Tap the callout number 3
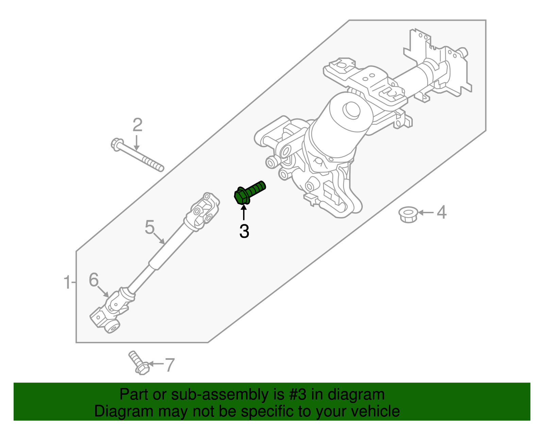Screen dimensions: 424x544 tap(244, 232)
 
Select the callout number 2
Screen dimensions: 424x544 tap(137, 125)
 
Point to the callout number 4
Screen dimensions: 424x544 tap(441, 213)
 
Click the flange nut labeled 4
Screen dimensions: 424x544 tap(408, 215)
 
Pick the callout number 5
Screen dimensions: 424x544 tap(150, 227)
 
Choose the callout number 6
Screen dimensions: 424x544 tap(93, 280)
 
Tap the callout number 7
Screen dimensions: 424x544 tap(169, 365)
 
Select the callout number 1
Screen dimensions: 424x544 tap(67, 282)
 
